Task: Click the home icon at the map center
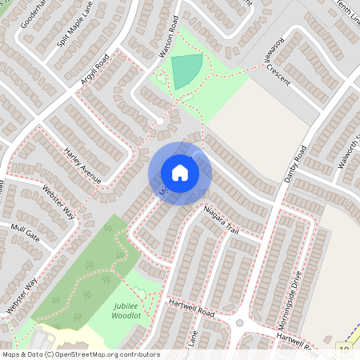(179, 173)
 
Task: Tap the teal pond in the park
(186, 71)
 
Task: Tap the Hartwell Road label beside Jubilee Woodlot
(192, 307)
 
